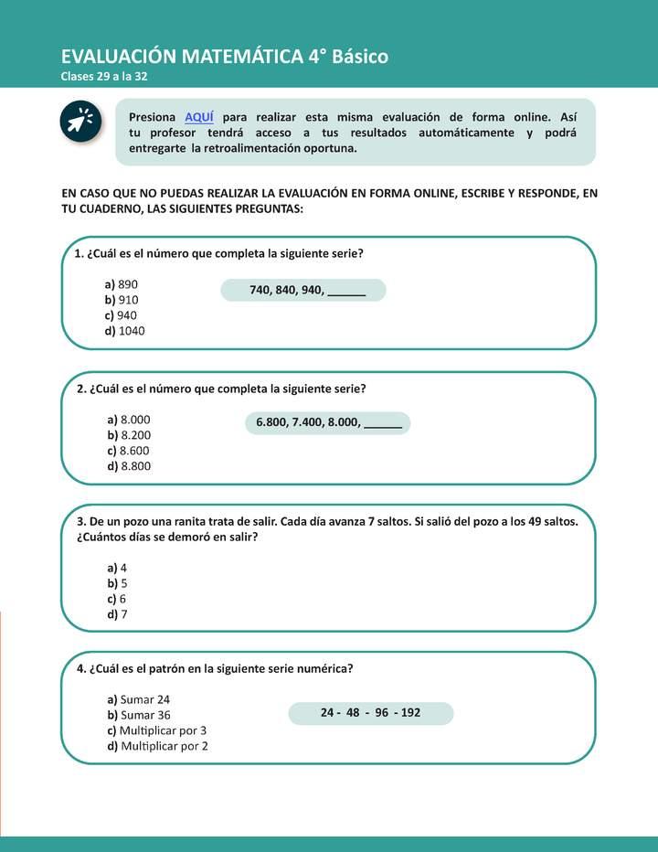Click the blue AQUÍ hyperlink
tap(198, 117)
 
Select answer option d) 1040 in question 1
tap(124, 331)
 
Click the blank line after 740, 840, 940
tap(346, 292)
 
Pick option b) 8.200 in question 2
tap(129, 435)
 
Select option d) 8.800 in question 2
tap(129, 466)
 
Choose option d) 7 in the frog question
tap(117, 614)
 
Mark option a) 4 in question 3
tap(117, 568)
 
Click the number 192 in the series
tap(410, 712)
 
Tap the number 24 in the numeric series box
tap(328, 712)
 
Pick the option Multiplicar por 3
tap(157, 730)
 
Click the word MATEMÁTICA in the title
tap(241, 57)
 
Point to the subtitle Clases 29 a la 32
tap(104, 76)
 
